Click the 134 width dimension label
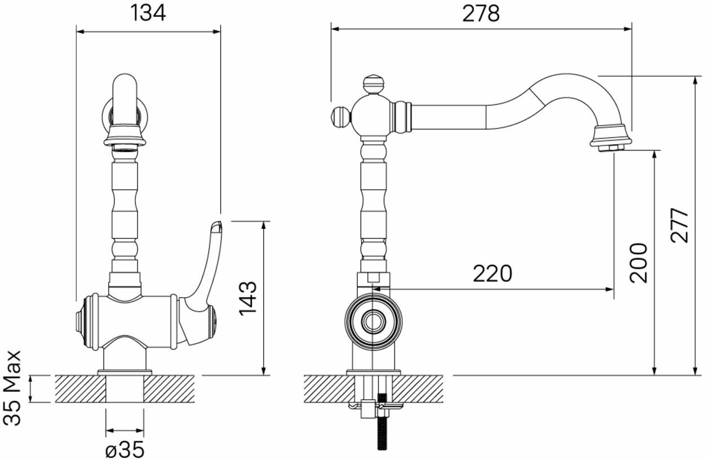coord(148,13)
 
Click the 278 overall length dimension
coord(481,14)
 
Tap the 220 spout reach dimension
coord(492,273)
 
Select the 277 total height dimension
coord(680,225)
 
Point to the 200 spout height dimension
coord(639,263)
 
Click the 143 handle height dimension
coord(248,299)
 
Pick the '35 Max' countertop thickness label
coord(12,388)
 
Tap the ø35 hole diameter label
coord(125,449)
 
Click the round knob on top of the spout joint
coord(374,84)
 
